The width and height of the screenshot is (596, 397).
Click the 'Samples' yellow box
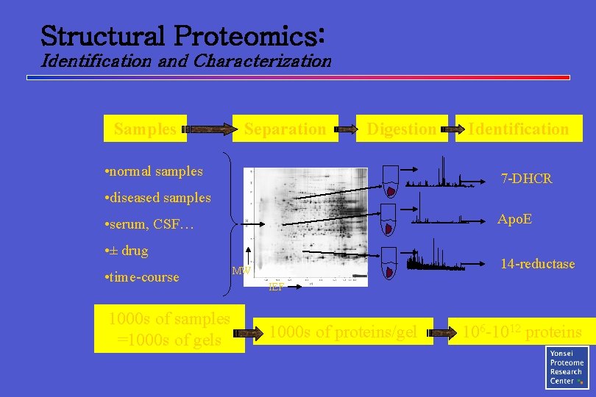tap(145, 129)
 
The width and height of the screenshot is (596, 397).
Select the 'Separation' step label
tap(285, 129)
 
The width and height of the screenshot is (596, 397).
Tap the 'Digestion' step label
tap(401, 129)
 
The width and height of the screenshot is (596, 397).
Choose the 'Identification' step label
tap(519, 129)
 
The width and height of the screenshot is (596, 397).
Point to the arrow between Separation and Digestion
tap(346, 130)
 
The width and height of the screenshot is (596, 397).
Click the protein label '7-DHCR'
tap(526, 179)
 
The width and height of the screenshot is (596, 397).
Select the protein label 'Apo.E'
tap(514, 219)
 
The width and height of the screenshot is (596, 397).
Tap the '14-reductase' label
tap(537, 264)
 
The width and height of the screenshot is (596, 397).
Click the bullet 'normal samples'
tap(155, 171)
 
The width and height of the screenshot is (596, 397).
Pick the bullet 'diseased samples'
tap(158, 198)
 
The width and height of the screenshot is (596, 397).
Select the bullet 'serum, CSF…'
tap(150, 224)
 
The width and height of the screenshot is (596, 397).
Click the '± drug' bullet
tap(127, 251)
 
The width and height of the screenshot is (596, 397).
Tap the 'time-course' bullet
tap(143, 277)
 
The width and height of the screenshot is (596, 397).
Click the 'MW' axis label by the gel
tap(241, 271)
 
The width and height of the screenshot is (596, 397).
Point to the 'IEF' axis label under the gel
tap(276, 287)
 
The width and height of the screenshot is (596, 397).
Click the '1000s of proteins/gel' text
tap(344, 332)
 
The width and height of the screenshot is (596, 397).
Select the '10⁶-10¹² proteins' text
tap(522, 332)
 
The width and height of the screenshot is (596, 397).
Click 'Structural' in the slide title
tap(102, 35)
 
